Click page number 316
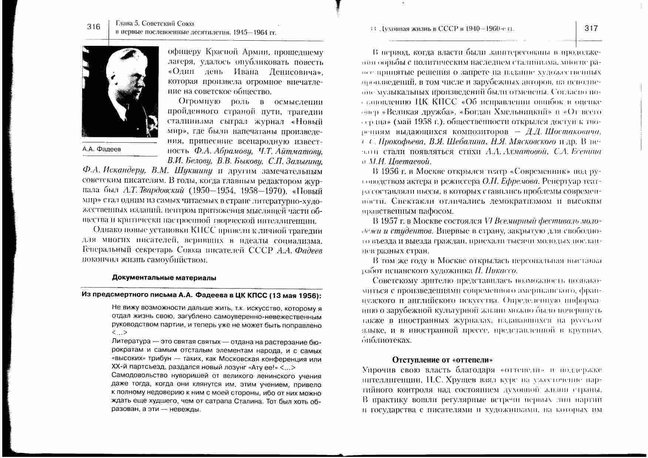(94, 27)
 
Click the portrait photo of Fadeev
(119, 91)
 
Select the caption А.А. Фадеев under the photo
(102, 149)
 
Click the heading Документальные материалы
(164, 278)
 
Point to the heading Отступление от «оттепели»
(443, 360)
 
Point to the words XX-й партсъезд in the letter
(138, 367)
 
